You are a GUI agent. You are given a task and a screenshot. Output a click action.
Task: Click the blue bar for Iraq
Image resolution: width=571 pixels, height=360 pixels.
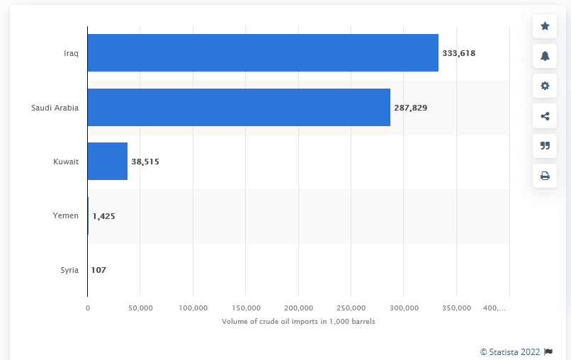point(263,52)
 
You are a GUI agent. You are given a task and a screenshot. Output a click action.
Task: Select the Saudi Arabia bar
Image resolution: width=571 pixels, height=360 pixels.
point(239,108)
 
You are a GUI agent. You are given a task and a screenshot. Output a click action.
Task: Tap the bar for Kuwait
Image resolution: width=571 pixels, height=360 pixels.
point(108,162)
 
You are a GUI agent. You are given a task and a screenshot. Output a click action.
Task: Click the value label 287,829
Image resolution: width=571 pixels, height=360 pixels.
point(411,108)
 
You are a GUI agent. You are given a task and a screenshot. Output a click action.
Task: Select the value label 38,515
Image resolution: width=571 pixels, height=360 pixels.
point(145,162)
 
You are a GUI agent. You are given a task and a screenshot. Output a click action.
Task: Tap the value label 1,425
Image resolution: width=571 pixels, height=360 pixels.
point(103,216)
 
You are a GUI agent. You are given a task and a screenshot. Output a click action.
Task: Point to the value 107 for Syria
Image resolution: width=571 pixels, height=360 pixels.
point(98,270)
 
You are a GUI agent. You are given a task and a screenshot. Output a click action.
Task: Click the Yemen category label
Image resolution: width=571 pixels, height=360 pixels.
point(67,215)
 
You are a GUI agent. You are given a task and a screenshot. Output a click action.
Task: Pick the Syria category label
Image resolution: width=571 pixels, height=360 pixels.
point(69,270)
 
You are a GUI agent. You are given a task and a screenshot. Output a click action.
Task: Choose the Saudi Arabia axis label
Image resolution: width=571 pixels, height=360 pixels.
point(55,108)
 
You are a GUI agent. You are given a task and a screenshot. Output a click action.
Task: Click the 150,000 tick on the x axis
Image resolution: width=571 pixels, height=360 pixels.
point(245,308)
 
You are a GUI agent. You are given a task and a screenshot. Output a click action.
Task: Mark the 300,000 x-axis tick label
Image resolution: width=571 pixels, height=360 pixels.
point(403,308)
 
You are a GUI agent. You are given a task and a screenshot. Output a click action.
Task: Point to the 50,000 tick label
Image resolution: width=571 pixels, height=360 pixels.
point(140,308)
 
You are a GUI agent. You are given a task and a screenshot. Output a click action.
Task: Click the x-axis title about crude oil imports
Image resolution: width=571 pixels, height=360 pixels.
point(298,322)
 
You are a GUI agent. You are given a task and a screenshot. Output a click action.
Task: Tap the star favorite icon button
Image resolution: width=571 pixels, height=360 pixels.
point(545,26)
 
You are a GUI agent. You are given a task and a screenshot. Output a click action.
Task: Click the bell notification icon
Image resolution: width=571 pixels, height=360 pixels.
point(545,56)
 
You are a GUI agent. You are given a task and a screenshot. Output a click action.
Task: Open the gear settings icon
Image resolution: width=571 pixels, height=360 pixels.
point(545,86)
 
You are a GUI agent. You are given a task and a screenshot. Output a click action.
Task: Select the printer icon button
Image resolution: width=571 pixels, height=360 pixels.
point(545,175)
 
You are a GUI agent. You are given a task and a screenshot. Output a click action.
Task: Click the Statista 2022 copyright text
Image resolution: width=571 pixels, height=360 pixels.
point(510,351)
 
